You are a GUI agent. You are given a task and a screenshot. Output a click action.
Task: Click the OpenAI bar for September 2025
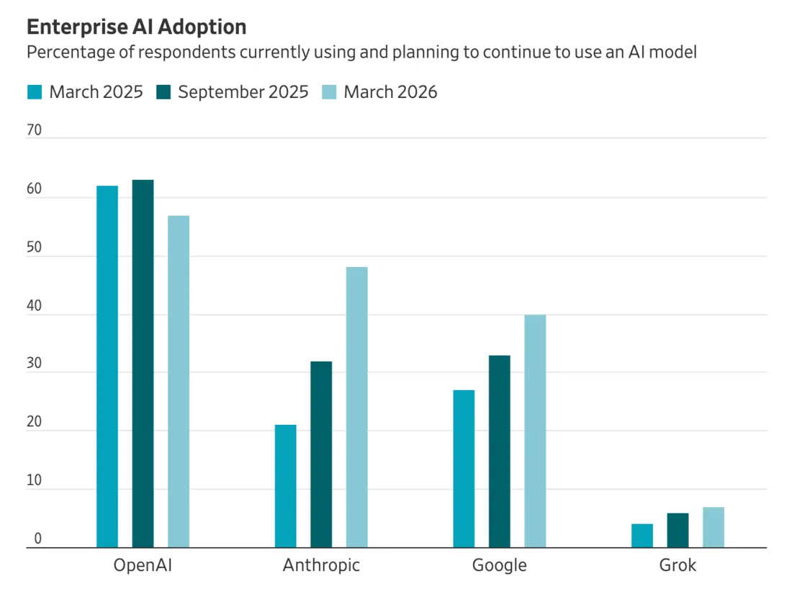[143, 364]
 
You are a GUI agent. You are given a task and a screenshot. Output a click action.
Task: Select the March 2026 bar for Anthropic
[357, 407]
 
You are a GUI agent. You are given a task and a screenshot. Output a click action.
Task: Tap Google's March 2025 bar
[464, 469]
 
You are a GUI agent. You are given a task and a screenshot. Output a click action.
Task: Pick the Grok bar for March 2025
[642, 536]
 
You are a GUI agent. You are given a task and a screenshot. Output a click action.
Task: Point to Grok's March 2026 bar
[714, 528]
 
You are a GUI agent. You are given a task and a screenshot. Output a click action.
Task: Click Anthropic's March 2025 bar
[286, 486]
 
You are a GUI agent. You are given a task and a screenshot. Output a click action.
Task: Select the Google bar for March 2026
[535, 431]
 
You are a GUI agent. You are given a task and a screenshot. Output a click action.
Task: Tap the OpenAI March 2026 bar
[179, 382]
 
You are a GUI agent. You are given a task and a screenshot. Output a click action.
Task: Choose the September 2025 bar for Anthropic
[321, 454]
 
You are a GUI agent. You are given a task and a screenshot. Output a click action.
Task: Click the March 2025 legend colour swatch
[35, 92]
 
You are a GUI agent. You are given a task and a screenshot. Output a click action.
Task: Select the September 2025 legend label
[243, 92]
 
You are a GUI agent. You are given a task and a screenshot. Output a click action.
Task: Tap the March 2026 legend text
[390, 92]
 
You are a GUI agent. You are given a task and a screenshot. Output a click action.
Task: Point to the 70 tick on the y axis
[34, 130]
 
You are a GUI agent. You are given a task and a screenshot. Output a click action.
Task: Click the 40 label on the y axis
[34, 305]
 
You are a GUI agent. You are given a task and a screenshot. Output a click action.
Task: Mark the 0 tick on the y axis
[37, 539]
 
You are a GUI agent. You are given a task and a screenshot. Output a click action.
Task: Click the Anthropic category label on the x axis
[321, 565]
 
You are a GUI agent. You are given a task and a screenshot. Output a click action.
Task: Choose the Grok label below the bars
[678, 565]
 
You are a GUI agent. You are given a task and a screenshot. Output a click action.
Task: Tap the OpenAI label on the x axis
[143, 565]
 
